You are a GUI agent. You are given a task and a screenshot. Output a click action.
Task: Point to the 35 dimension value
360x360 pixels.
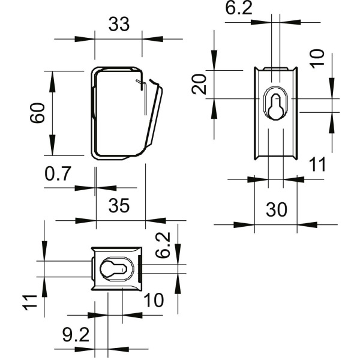[119, 206]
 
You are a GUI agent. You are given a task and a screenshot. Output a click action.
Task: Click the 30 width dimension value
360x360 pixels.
[277, 209]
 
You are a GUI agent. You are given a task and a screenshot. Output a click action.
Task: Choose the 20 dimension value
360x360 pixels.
[200, 85]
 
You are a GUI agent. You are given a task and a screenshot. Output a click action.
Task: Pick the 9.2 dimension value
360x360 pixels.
[76, 334]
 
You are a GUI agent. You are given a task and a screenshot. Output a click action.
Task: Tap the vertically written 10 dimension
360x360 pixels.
[318, 58]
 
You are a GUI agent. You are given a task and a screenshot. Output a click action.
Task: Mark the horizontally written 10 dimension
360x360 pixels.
[154, 300]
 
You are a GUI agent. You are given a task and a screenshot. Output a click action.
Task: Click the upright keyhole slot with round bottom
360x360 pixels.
[275, 106]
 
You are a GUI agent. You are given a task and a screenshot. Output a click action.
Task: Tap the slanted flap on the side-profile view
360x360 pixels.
[154, 117]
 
